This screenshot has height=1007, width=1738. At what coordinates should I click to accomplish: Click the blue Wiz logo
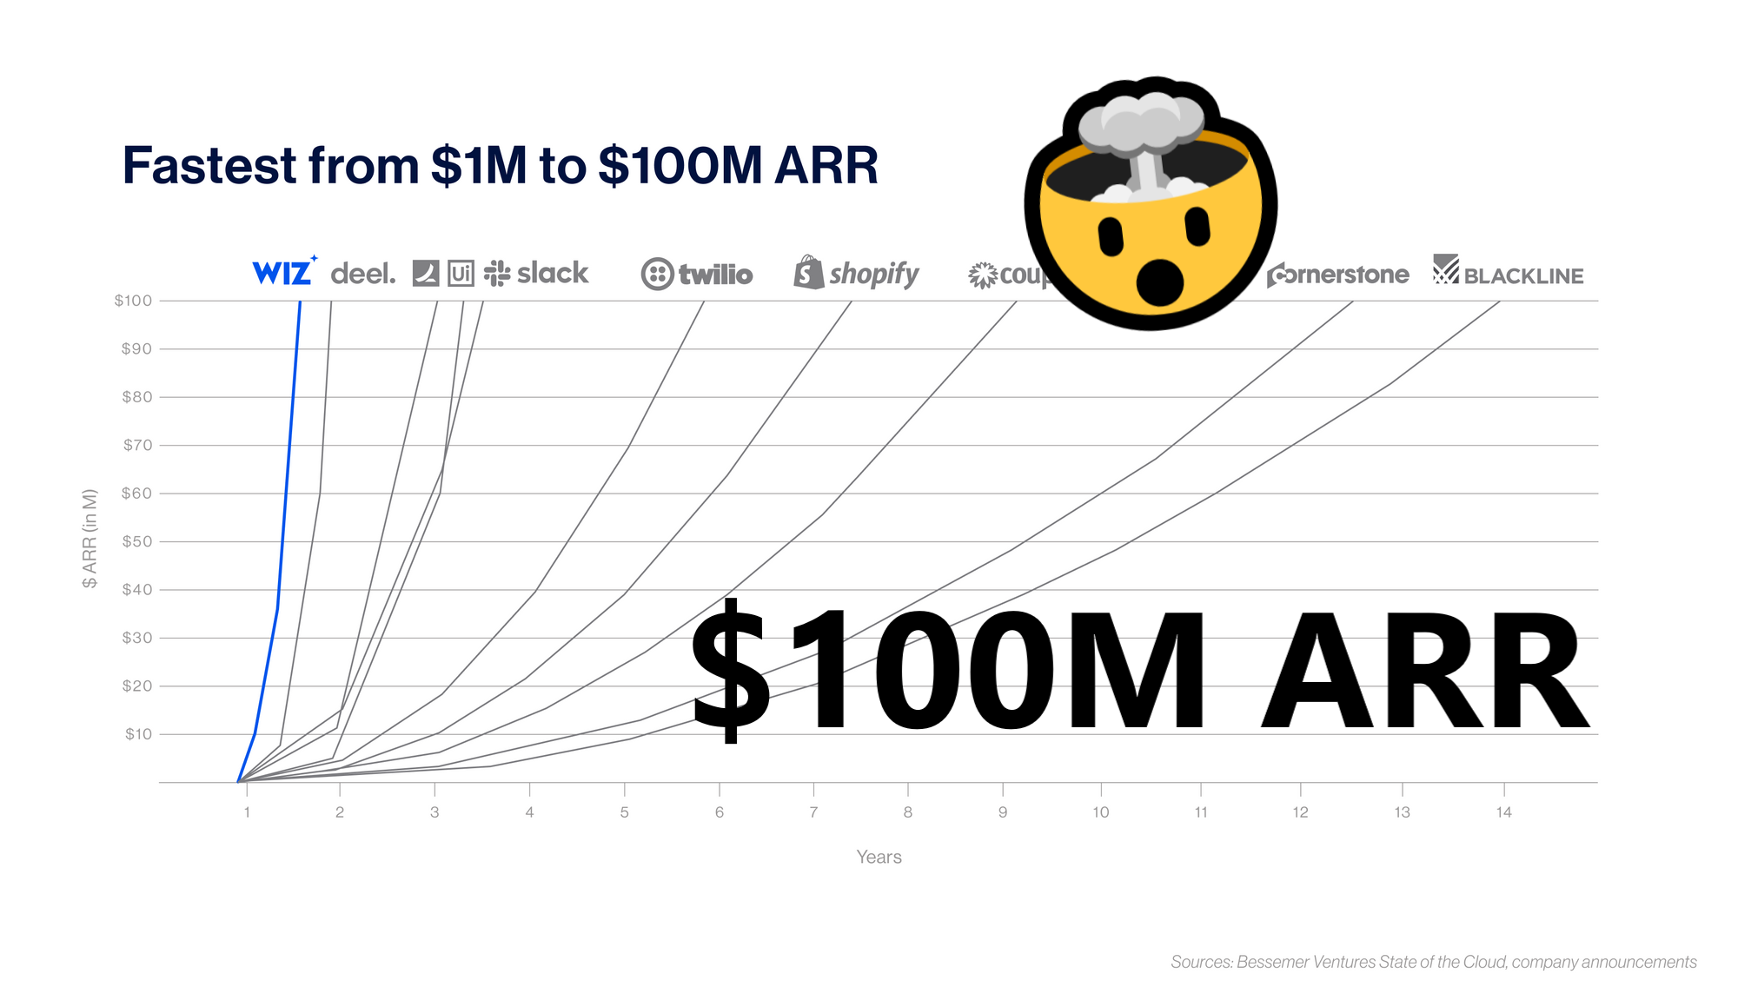coord(282,273)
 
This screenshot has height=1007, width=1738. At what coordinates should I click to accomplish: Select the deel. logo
coord(362,275)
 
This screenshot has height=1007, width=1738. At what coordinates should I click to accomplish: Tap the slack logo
coord(537,274)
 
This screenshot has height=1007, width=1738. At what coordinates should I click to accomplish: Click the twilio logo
coord(697,275)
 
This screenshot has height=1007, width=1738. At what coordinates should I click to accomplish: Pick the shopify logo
coord(857,274)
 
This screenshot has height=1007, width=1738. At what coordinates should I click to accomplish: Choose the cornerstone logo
coord(1338,275)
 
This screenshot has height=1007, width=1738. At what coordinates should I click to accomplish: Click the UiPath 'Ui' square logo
coord(461,274)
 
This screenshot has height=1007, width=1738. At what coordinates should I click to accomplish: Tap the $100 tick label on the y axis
coord(133,301)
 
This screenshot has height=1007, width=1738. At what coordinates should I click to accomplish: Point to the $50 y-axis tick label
coord(136,541)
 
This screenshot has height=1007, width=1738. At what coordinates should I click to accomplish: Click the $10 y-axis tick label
coord(138,734)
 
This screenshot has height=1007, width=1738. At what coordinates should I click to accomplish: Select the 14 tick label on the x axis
coord(1503,812)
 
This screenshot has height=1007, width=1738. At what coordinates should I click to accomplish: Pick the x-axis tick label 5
coord(624,812)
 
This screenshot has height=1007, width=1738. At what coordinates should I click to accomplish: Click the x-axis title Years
coord(879,858)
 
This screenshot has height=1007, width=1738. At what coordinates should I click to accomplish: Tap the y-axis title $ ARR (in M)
coord(90,539)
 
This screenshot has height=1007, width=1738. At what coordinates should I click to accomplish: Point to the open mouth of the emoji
coord(1160,281)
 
